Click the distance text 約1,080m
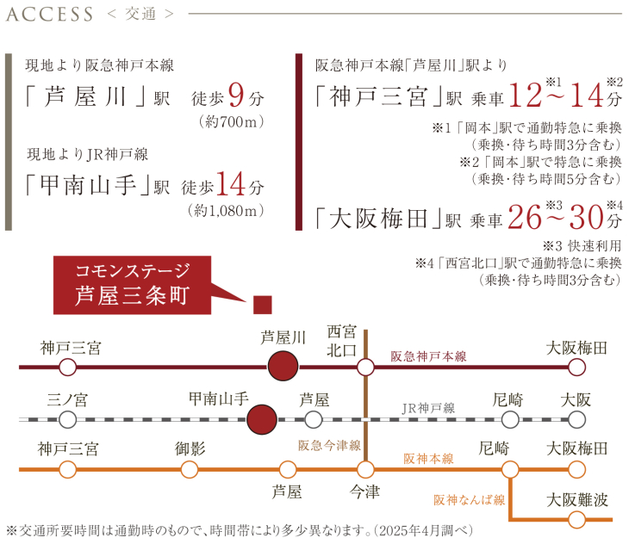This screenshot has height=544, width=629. coord(226,209)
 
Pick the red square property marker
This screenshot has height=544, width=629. coord(263,304)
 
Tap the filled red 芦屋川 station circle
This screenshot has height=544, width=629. coord(283,368)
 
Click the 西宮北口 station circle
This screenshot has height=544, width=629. coord(366,368)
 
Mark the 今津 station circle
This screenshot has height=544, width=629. coord(366,469)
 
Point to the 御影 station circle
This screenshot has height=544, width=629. coord(190,469)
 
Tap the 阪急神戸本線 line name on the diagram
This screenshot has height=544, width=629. coord(428,355)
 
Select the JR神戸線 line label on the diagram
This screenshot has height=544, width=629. coord(428,408)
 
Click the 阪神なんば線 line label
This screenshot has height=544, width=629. coord(469,499)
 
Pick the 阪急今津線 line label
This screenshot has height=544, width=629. coord(329,445)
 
